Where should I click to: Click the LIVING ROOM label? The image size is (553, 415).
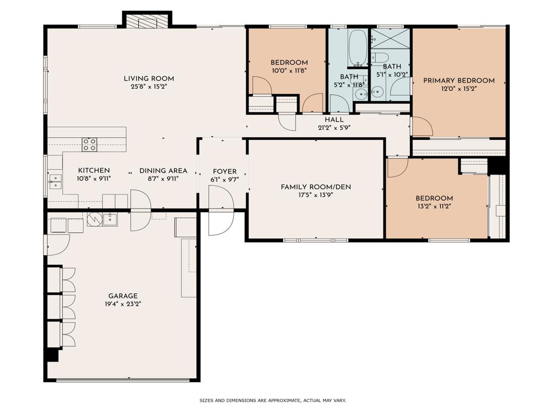[x=149, y=79]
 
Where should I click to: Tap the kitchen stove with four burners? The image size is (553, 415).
[x=90, y=145]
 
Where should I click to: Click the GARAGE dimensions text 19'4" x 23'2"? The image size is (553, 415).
[x=123, y=304]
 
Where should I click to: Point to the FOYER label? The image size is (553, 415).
[x=225, y=171]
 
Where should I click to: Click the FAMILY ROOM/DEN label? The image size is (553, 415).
[x=316, y=187]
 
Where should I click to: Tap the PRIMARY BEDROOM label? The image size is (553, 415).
[x=459, y=81]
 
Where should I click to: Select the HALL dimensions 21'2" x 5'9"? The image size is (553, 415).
[x=334, y=128]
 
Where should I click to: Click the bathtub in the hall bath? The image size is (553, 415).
[x=358, y=48]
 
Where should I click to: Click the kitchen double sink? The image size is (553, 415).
[x=55, y=182]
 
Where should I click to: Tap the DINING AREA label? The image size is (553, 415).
[x=163, y=171]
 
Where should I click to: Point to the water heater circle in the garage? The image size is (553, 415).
[x=95, y=219]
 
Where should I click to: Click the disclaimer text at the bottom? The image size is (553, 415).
[x=273, y=400]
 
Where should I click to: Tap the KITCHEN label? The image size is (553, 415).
[x=94, y=171]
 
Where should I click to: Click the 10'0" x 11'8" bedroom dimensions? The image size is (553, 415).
[x=289, y=71]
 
